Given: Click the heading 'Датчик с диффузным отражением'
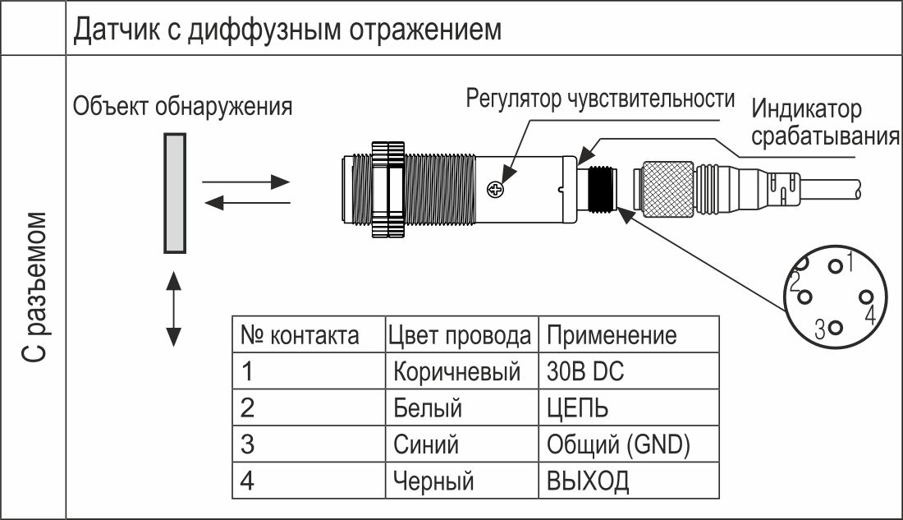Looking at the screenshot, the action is (287, 30).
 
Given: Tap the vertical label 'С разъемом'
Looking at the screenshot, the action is (34, 287).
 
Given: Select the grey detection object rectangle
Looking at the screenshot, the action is (175, 193).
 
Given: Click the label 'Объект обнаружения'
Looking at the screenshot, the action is (182, 107).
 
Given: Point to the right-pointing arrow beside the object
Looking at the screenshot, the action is (246, 182).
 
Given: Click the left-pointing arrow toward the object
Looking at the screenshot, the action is (247, 202).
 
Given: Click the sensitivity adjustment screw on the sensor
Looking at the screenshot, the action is (495, 188).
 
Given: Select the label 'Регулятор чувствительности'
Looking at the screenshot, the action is (600, 99).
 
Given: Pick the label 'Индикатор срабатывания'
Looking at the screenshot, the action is (825, 122).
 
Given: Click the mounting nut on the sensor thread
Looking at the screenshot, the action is (388, 189).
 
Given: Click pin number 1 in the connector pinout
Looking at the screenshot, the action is (835, 266).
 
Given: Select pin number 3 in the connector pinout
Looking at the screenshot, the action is (836, 328).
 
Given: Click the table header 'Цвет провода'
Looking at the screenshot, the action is (460, 335).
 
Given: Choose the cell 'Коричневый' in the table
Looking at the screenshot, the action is (456, 372).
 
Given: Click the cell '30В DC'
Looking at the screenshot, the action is (585, 371).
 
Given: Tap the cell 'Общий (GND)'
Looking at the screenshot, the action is (618, 444).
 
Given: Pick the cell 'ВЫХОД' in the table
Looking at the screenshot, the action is (588, 481).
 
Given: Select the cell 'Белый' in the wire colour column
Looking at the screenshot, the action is (428, 408).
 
